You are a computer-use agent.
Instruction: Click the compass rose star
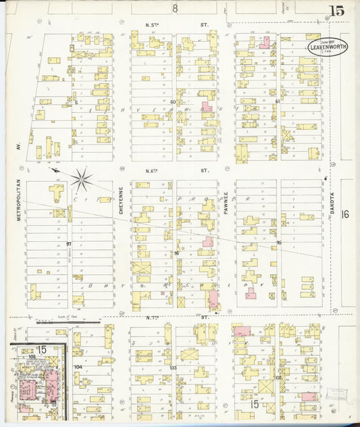coord(81,179)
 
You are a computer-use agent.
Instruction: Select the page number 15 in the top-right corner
coord(336,10)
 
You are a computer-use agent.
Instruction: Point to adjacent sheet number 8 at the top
coord(175,8)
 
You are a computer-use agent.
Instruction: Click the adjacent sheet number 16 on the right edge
coord(346,214)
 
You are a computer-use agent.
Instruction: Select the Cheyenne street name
coord(122,201)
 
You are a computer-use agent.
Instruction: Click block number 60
coord(173,102)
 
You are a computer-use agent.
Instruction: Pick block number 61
coord(278,102)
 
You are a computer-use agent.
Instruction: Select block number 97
coord(69,244)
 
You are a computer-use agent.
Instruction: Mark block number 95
coord(278,243)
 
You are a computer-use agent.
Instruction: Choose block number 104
coord(78,367)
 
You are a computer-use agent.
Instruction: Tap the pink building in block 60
coord(207,107)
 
